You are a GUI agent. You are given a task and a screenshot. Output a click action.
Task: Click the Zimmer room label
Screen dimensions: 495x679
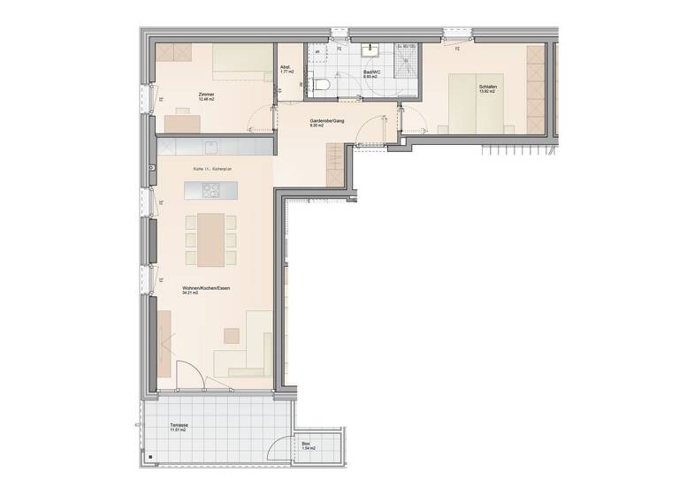[207, 94]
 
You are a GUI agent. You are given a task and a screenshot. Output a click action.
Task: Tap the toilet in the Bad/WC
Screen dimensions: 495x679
[323, 84]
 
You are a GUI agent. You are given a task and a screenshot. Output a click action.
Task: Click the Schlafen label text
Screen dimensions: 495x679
[486, 86]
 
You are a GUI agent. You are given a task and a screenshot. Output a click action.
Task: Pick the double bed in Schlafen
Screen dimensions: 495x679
[478, 102]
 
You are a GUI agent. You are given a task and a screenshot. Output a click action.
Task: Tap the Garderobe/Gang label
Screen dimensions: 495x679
[326, 120]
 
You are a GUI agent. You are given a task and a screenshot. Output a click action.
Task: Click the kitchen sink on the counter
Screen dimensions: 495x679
[213, 145]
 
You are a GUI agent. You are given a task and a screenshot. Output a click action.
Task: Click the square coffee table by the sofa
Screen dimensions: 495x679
[232, 336]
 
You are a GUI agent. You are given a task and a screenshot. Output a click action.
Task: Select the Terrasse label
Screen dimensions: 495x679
[179, 424]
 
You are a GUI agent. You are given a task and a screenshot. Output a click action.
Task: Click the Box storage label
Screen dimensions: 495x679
[306, 443]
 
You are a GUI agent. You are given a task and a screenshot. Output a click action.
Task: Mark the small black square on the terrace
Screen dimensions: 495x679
[151, 457]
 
